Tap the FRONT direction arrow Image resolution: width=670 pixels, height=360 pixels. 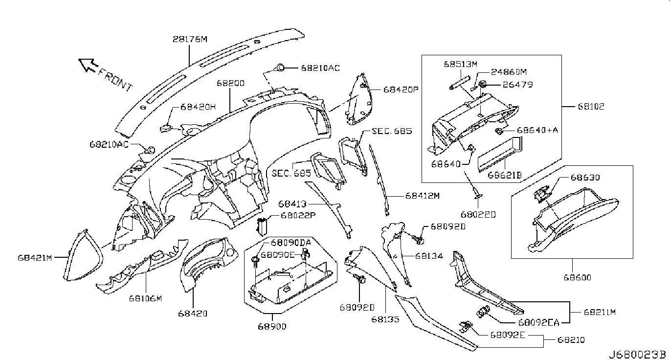coord(89,65)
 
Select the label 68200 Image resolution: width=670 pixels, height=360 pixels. coord(231,84)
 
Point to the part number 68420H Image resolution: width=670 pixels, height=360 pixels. coord(198,106)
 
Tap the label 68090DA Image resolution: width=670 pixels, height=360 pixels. coord(291,243)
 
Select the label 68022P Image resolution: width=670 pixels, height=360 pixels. coord(298,215)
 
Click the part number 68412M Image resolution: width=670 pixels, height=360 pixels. coord(423,196)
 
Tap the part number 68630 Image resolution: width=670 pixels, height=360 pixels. coord(583,178)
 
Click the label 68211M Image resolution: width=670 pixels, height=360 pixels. coord(599,311)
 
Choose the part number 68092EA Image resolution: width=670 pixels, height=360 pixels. coord(538,322)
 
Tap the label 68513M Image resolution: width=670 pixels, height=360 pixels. coord(460,64)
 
